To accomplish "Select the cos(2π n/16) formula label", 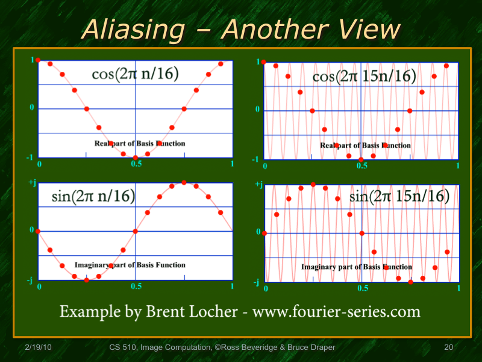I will pos(135,74).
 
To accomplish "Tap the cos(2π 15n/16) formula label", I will pos(364,77).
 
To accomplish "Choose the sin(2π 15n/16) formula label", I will pos(399,197).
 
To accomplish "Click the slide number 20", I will pos(448,347).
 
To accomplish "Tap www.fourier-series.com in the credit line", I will pos(336,311).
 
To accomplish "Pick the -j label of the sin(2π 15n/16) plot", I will pos(257,282).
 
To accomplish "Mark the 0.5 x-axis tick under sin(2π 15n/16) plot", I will pos(362,288).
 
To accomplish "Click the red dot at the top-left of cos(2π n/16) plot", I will pos(38,60).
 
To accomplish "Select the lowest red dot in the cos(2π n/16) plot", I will pos(136,157).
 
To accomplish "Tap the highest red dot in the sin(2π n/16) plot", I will pos(184,182).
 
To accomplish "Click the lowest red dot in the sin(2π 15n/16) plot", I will pos(410,282).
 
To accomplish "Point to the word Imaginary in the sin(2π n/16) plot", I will pos(91,265).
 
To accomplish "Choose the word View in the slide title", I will pos(365,29).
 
